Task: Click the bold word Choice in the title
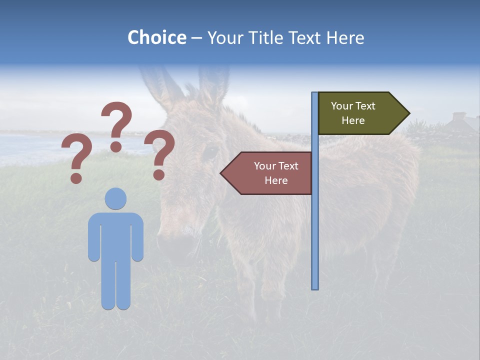point(156,38)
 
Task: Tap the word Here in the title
point(345,38)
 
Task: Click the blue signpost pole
point(315,225)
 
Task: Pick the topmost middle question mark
point(116,125)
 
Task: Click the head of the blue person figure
point(115,198)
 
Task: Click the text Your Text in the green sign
point(353,106)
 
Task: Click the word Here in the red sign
point(276,180)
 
